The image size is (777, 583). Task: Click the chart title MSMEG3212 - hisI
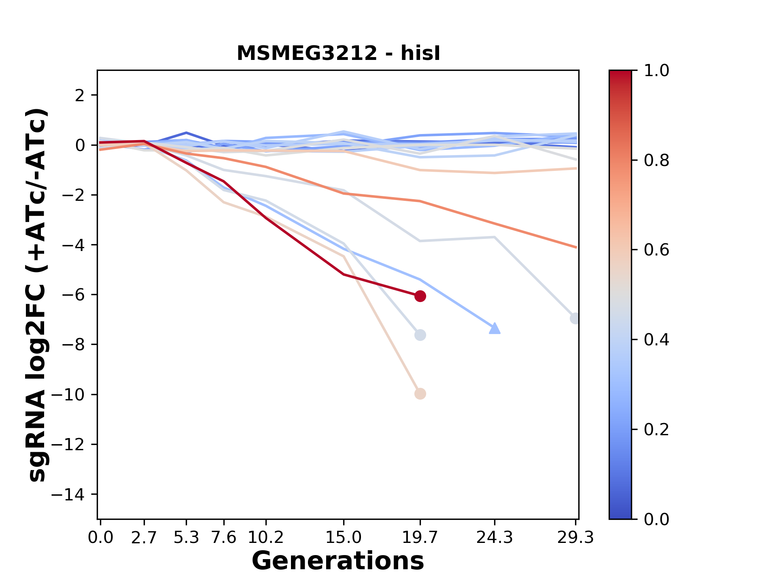click(338, 54)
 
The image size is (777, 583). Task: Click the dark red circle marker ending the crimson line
click(420, 296)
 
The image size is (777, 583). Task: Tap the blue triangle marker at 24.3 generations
click(495, 328)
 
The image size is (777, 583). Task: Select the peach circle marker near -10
click(420, 394)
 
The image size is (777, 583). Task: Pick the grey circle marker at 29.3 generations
click(575, 318)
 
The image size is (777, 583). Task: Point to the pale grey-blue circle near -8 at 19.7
click(420, 335)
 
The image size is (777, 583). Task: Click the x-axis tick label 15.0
click(344, 538)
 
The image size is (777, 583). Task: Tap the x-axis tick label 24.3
click(495, 538)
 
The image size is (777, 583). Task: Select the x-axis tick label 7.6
click(224, 538)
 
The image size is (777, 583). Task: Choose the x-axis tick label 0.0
click(101, 538)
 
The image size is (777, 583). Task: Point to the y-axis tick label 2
click(80, 96)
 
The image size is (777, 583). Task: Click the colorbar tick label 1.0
click(656, 71)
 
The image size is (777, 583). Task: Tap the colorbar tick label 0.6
click(656, 250)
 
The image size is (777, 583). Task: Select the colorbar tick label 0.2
click(656, 430)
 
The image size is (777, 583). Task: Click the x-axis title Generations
click(338, 561)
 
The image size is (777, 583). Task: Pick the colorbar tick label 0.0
click(656, 519)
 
